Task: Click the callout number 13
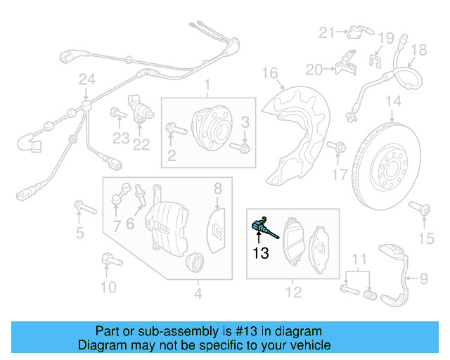tap(261, 253)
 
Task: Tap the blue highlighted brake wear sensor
tap(262, 227)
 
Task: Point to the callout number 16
tap(271, 74)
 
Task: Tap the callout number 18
tap(419, 49)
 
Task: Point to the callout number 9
tap(424, 280)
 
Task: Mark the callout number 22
tap(141, 146)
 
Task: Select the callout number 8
tap(218, 188)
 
